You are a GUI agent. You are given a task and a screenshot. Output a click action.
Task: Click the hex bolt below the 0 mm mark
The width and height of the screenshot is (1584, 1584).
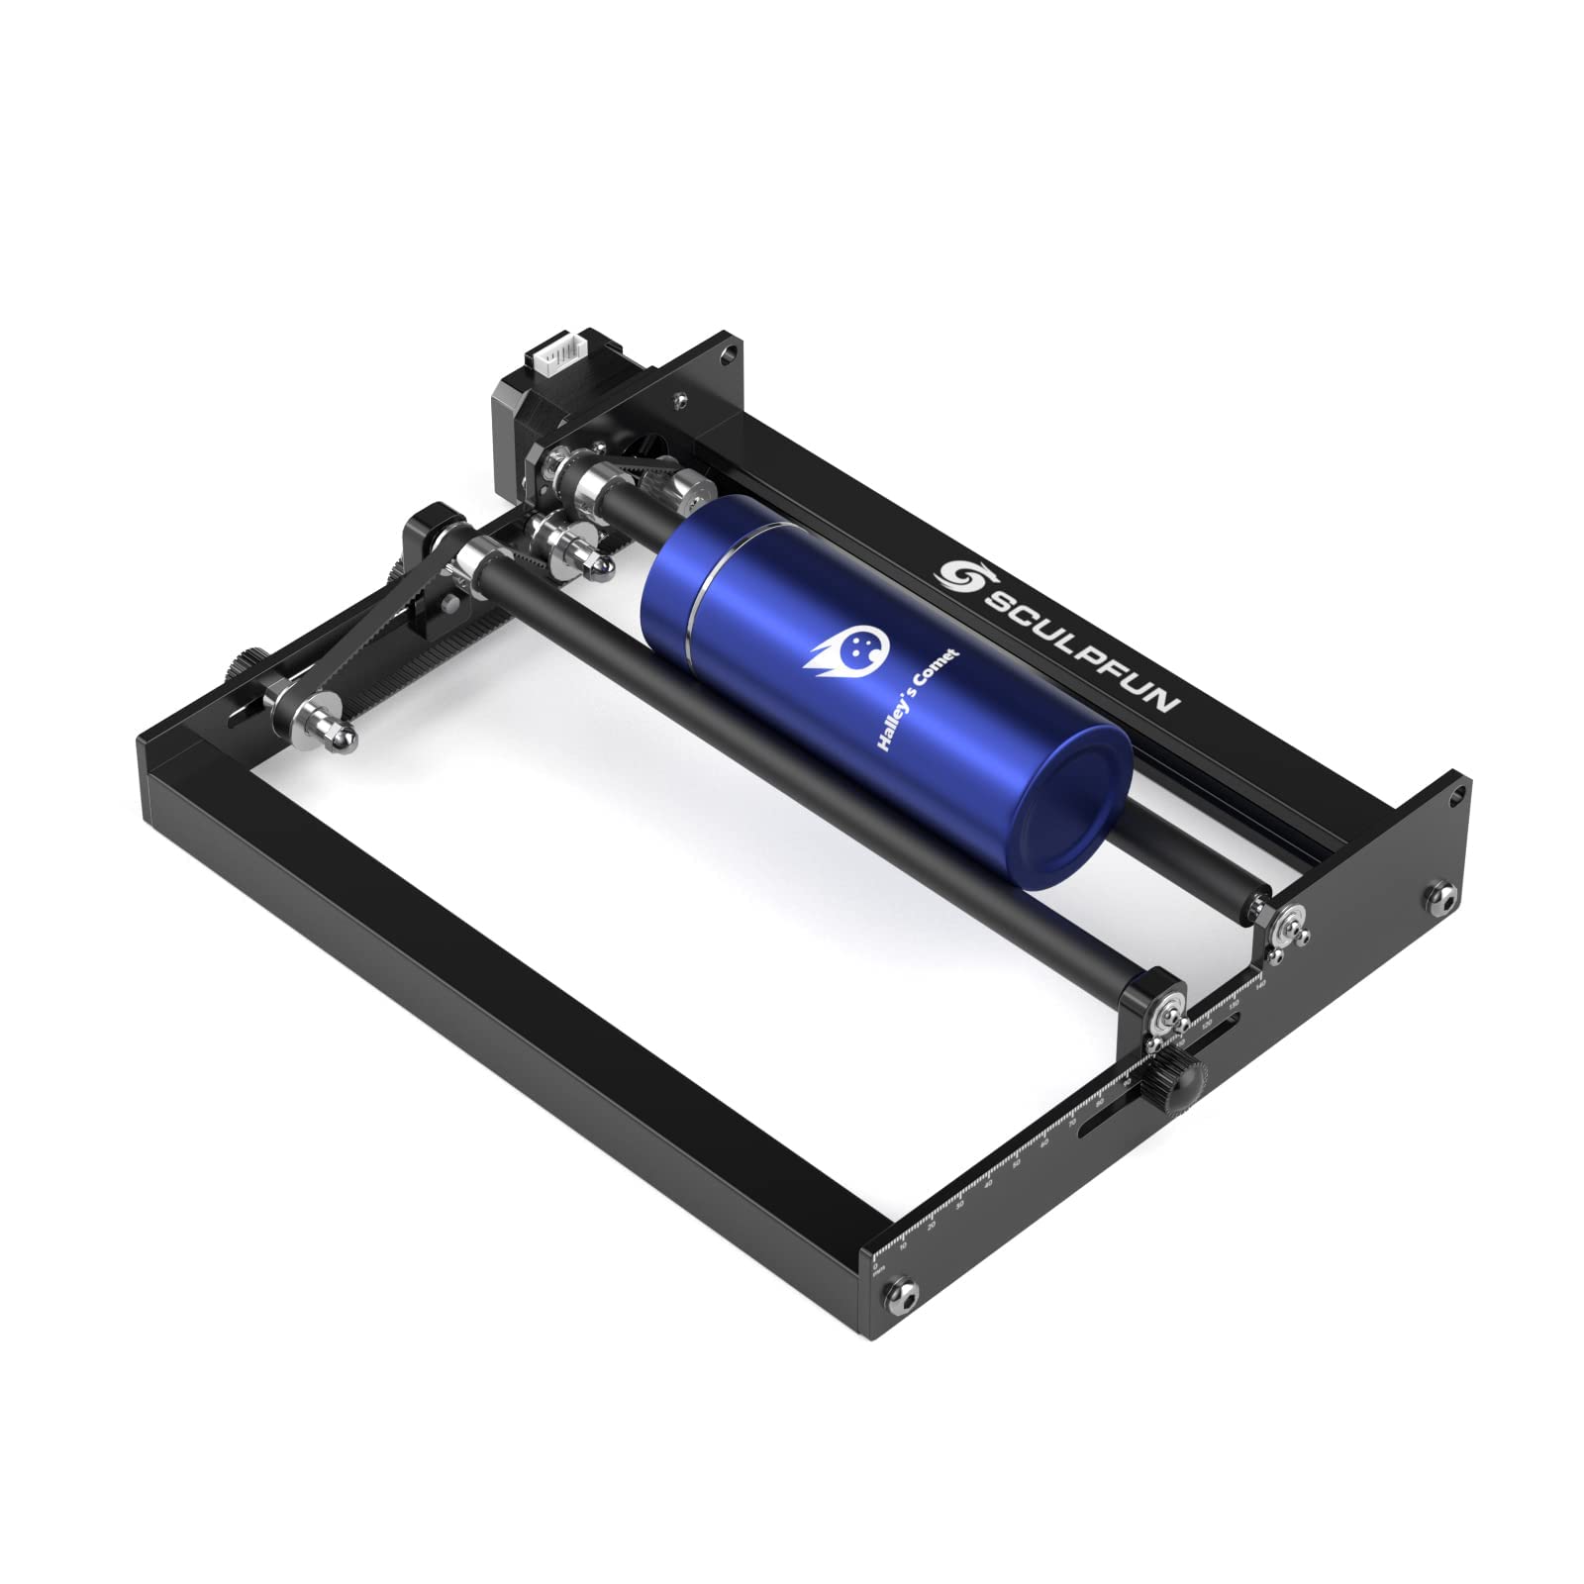905,1289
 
